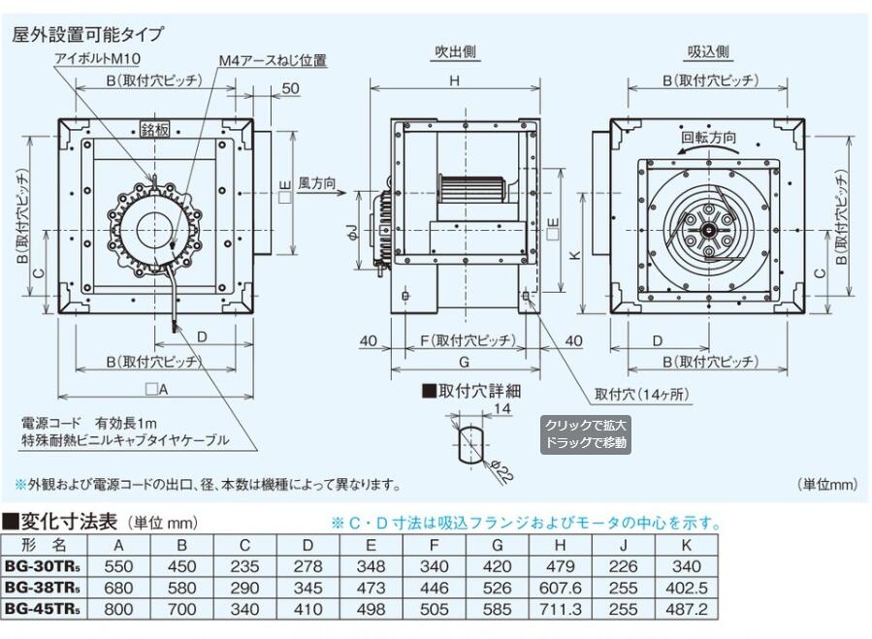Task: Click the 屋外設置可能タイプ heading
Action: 87,34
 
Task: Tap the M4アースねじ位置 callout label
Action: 272,60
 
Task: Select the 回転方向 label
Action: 708,138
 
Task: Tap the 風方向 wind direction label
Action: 316,181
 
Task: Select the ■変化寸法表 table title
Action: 58,522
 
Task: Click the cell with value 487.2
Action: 688,610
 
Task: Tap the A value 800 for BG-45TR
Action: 118,610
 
